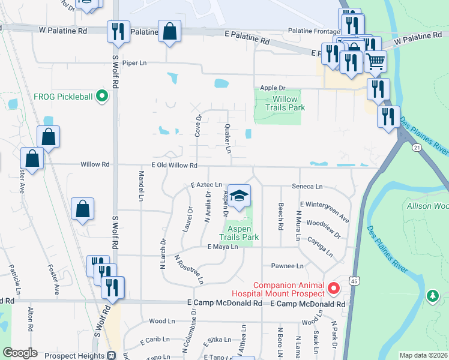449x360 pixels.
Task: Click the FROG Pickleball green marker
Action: coord(102,95)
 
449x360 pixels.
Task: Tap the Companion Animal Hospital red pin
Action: coord(334,289)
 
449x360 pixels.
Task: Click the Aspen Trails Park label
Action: coord(242,233)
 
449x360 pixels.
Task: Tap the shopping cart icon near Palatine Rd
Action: coord(375,61)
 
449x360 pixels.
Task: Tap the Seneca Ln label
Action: coord(307,187)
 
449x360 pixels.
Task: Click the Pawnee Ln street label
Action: coord(288,266)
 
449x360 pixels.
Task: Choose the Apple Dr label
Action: coord(272,88)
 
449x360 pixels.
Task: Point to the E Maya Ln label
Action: coord(222,247)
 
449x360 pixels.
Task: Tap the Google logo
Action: coord(20,353)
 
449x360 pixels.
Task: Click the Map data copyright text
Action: coord(424,355)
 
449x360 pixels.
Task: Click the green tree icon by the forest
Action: coord(432,296)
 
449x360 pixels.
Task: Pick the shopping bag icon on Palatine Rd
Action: coord(170,31)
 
